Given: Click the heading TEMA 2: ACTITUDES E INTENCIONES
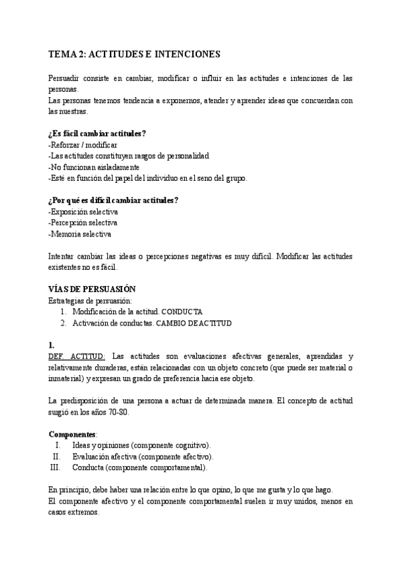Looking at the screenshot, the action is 135,53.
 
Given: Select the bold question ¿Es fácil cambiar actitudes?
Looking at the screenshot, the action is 98,133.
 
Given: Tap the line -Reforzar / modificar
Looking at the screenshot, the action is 83,145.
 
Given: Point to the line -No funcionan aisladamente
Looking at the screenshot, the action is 94,167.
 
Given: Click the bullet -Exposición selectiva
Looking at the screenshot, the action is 83,212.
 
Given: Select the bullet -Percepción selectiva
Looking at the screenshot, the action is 83,223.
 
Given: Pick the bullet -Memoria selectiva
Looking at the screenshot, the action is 80,234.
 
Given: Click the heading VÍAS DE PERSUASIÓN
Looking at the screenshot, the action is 92,289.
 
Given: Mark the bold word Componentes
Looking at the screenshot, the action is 73,433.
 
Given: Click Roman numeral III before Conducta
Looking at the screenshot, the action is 55,467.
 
